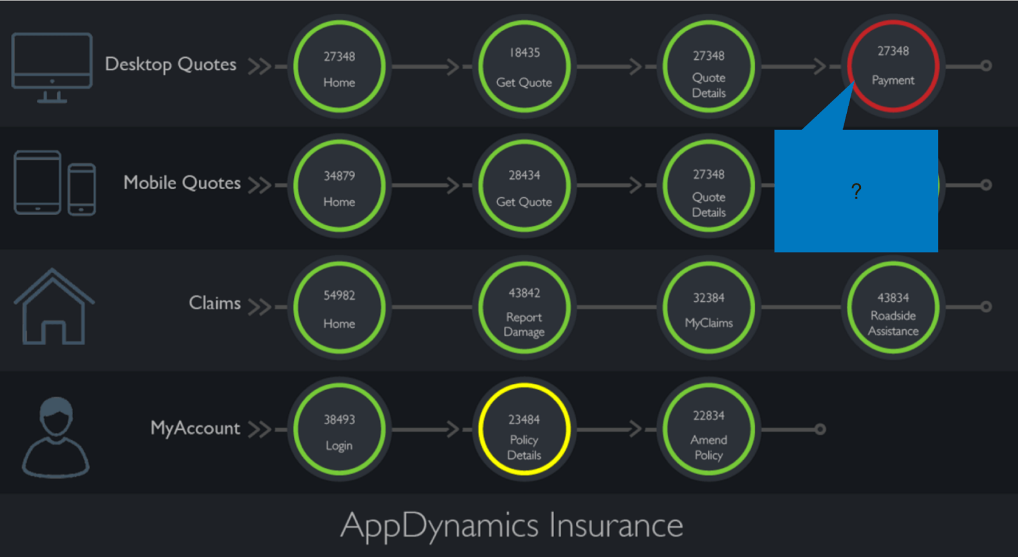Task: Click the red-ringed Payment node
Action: click(893, 66)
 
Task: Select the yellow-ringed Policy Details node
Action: click(524, 429)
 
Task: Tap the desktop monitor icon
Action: click(52, 67)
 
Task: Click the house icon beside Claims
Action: click(53, 307)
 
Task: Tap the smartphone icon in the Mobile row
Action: click(81, 189)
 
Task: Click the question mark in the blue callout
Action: click(856, 191)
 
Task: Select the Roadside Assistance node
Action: click(893, 307)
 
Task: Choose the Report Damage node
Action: click(524, 307)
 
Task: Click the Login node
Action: click(339, 429)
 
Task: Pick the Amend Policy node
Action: click(709, 429)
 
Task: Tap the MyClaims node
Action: click(709, 307)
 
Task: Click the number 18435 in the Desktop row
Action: click(524, 53)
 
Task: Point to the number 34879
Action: click(339, 176)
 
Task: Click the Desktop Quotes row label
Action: click(171, 64)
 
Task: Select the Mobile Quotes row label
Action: click(182, 183)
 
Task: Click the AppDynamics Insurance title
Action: click(512, 526)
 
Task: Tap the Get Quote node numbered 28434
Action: click(524, 186)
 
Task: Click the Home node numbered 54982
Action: click(339, 307)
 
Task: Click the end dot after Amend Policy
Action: click(820, 429)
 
